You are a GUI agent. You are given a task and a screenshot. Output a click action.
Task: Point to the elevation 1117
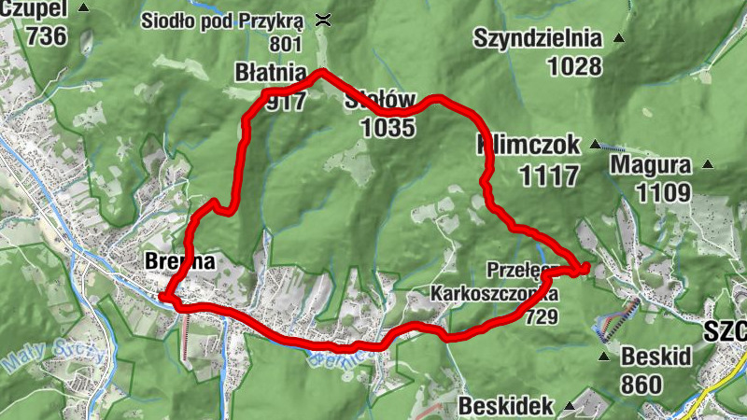pos(549,174)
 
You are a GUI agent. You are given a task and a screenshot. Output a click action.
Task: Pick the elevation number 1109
pos(664,192)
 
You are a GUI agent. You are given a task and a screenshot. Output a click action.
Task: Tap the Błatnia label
pos(271,72)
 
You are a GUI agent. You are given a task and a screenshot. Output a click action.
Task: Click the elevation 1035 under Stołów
pos(387,128)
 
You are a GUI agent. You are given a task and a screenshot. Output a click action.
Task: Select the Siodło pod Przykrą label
pos(222,20)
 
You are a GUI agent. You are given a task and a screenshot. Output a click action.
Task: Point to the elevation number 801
pos(286,44)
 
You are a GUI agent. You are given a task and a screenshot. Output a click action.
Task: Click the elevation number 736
pos(47,36)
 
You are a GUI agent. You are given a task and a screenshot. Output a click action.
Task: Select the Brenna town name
pos(180,263)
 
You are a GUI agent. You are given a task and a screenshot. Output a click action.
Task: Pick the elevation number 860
pos(640,384)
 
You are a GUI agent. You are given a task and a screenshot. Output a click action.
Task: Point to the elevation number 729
pos(542,317)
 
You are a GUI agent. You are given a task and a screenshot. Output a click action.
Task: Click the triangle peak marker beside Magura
pos(707,165)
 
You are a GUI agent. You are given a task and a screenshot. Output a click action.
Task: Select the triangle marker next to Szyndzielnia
pos(617,39)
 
